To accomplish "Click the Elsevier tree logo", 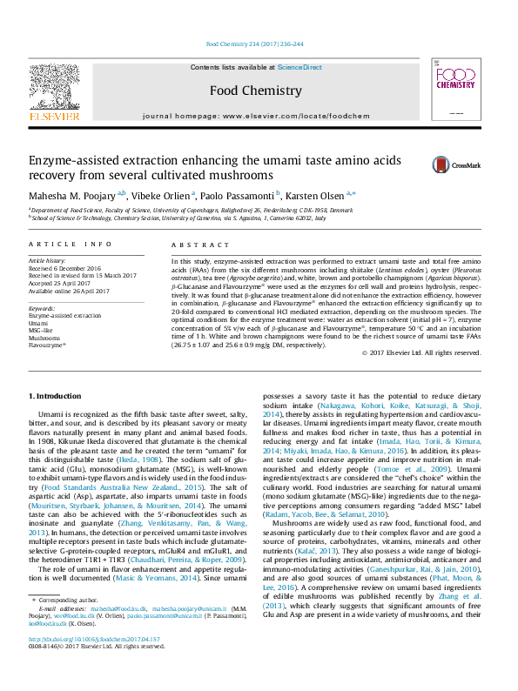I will [x=56, y=90].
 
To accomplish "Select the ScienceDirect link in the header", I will [x=299, y=67].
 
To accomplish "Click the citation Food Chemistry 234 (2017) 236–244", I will [x=254, y=44].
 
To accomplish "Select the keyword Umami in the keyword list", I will [x=40, y=322].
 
